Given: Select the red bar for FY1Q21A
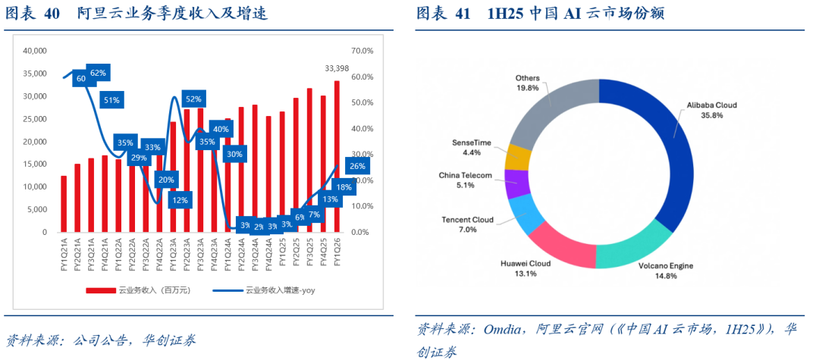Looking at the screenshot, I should coord(64,204).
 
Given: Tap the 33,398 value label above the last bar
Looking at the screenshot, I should coord(337,68).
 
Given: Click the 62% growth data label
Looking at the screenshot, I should coord(99,74).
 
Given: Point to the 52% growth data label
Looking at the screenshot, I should coord(193,99).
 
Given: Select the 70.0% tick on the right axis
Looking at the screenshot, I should coord(362,51).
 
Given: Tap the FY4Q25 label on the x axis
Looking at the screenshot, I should coord(323,255).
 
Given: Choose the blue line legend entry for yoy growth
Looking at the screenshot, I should coord(227,290).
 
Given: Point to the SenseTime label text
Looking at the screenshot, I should coord(472,142).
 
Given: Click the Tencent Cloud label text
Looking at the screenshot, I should coord(467,220).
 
